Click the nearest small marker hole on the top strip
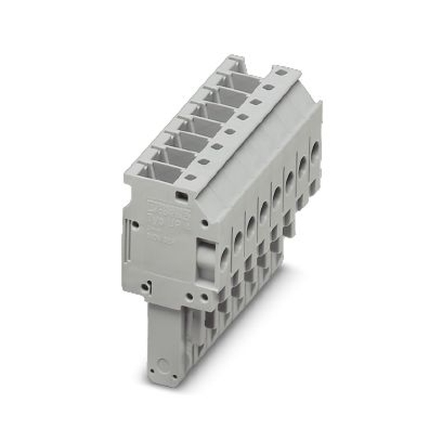pyautogui.click(x=190, y=178)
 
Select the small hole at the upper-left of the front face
pyautogui.click(x=136, y=225)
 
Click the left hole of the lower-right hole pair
pyautogui.click(x=189, y=297)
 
